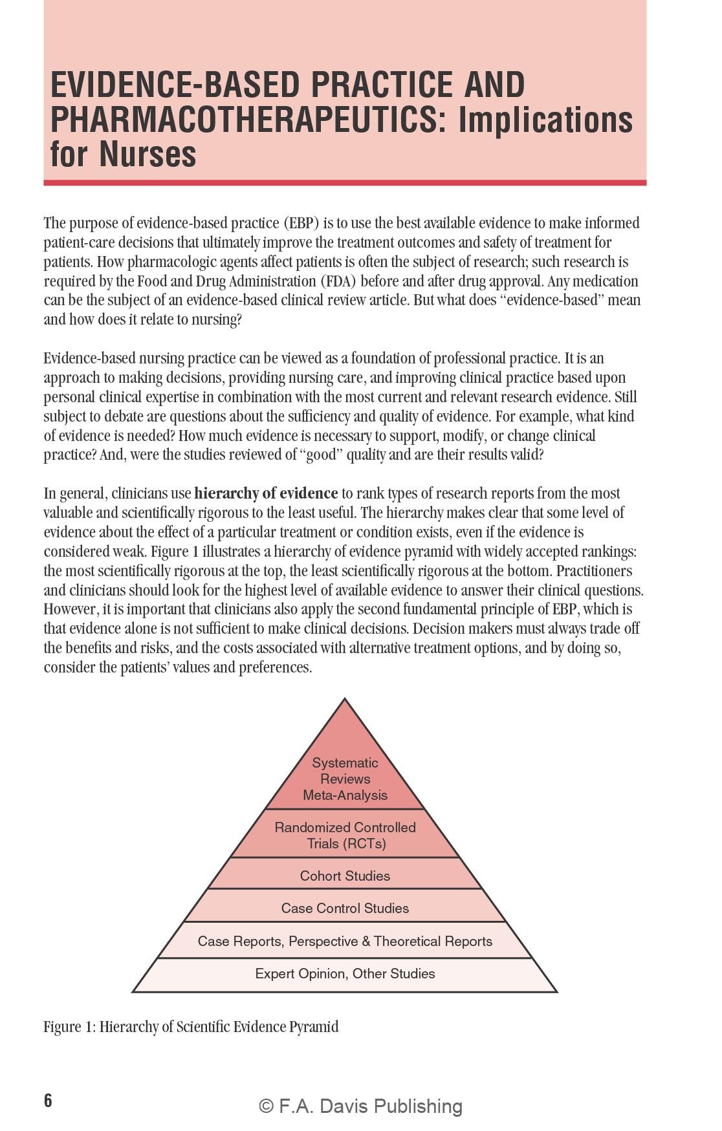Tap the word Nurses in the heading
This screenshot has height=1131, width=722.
pos(148,154)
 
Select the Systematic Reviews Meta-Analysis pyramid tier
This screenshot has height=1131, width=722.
pos(345,779)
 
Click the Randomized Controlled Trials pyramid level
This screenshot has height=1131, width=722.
pos(345,835)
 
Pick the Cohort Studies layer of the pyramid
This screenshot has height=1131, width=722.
pos(345,876)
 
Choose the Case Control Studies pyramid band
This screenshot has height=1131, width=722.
pos(345,908)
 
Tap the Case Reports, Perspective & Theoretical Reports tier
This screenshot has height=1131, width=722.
pos(345,941)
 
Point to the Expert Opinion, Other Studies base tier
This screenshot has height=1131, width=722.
pos(345,973)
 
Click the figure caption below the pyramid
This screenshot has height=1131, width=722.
pos(191,1027)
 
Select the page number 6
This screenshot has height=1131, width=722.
pos(48,1100)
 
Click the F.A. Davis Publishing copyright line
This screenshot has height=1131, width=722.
pos(360,1106)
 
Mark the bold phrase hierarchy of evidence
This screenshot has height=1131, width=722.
pos(266,493)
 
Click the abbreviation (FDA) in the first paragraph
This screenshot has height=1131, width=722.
pos(336,281)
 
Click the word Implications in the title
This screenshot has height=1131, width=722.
pos(545,120)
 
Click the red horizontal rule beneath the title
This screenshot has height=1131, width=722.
pos(345,183)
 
